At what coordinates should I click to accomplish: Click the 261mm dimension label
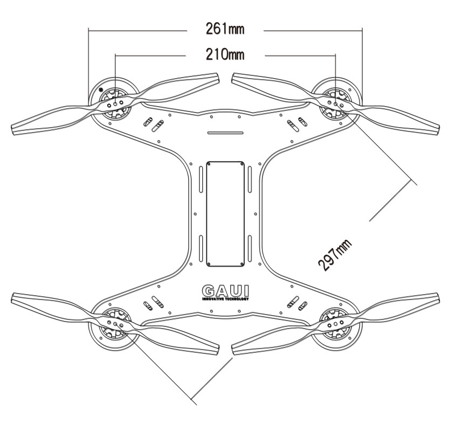point(225,29)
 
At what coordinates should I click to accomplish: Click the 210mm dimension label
point(225,54)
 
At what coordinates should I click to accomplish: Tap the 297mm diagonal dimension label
point(335,255)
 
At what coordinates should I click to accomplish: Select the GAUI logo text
point(225,291)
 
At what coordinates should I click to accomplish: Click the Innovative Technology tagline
point(225,299)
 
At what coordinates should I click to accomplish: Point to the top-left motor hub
point(115,103)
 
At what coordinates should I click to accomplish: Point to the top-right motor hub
point(335,103)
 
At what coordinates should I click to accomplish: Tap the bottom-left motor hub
point(115,323)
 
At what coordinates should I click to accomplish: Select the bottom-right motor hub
point(335,323)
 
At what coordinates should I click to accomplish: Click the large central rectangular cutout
point(225,214)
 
